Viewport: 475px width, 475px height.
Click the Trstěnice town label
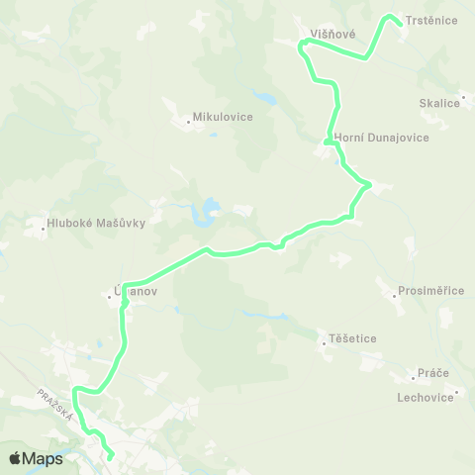(x=430, y=20)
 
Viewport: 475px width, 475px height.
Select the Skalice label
(x=440, y=102)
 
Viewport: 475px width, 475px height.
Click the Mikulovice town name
(x=223, y=117)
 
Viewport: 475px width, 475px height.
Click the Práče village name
(x=433, y=372)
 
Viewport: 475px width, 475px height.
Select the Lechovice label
(x=426, y=396)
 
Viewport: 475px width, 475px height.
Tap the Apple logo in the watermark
(x=16, y=458)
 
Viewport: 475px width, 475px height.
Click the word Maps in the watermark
(x=44, y=459)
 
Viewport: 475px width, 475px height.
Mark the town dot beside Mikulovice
(x=188, y=122)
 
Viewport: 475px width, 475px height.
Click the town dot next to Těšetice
(x=323, y=343)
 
